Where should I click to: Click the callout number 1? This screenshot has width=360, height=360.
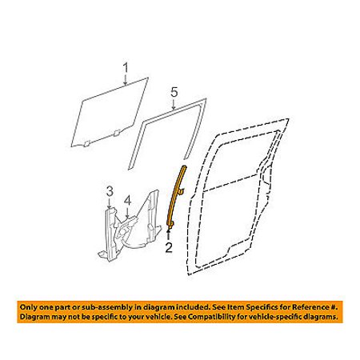[x=126, y=68]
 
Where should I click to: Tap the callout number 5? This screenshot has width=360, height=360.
[x=174, y=93]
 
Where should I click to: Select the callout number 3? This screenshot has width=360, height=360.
[x=110, y=191]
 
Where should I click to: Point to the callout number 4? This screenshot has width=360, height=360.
[x=128, y=201]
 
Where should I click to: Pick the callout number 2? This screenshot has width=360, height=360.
[x=169, y=248]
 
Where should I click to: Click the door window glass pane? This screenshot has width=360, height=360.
[x=110, y=112]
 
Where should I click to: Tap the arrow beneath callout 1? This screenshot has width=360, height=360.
[x=126, y=80]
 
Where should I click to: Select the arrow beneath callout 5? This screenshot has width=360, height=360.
[x=174, y=104]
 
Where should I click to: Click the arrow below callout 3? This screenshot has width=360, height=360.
[x=110, y=203]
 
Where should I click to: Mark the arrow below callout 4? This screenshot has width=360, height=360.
[x=128, y=212]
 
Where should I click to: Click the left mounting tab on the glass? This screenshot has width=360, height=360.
[x=86, y=144]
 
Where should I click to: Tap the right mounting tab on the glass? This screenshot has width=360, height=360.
[x=117, y=134]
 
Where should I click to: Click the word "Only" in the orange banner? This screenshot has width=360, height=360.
[x=28, y=307]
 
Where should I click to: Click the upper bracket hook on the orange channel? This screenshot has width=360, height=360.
[x=182, y=190]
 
